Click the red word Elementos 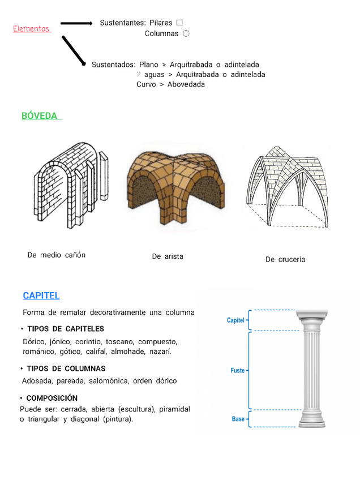tap(32, 29)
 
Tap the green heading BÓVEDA tap(40, 115)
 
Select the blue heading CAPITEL tap(41, 295)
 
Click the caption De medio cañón tap(57, 255)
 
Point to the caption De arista tap(168, 256)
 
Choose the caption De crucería tap(285, 259)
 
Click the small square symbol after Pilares tap(179, 23)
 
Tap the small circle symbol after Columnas tap(186, 33)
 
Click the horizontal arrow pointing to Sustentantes tap(76, 23)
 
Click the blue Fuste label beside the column tap(238, 370)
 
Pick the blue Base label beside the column tap(238, 419)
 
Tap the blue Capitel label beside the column tap(235, 320)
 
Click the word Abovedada tap(186, 84)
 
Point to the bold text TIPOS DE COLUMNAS tap(66, 368)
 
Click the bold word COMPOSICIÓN tap(52, 398)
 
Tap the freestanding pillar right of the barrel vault tap(104, 175)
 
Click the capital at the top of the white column tap(315, 320)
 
